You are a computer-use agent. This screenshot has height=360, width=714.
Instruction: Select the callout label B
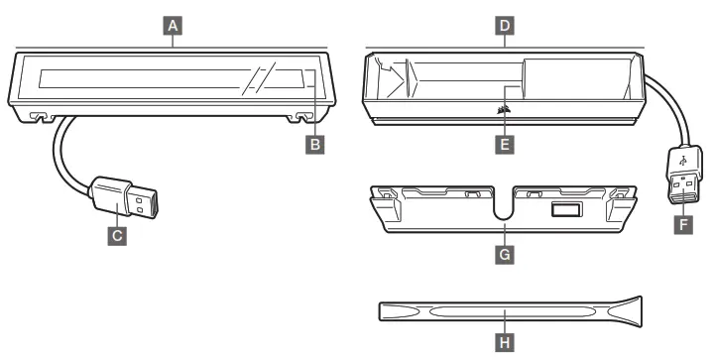click(315, 145)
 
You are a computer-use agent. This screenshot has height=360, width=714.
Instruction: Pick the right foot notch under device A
click(304, 118)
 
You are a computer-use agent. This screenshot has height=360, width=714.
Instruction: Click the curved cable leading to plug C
click(61, 149)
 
